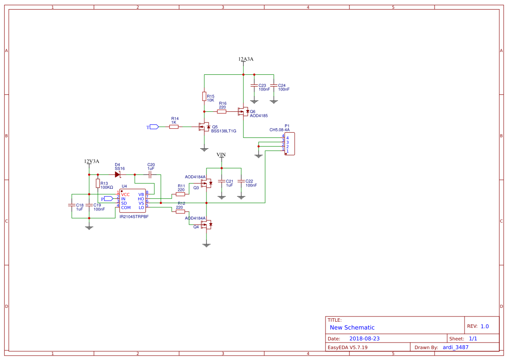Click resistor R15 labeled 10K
click(204, 96)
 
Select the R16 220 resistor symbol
click(222, 112)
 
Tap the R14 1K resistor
click(174, 127)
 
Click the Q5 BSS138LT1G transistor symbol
click(204, 127)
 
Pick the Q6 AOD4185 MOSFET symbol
click(243, 111)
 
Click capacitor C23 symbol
click(254, 86)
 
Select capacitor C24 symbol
click(274, 86)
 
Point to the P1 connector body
click(289, 144)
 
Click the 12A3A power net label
click(246, 59)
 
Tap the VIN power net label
click(221, 155)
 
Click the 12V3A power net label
click(91, 161)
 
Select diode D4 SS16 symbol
click(117, 174)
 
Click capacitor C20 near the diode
click(150, 174)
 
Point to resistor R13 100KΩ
click(98, 183)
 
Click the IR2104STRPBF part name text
click(134, 216)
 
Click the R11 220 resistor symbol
click(180, 194)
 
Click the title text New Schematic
click(352, 327)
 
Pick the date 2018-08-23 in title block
click(364, 339)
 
